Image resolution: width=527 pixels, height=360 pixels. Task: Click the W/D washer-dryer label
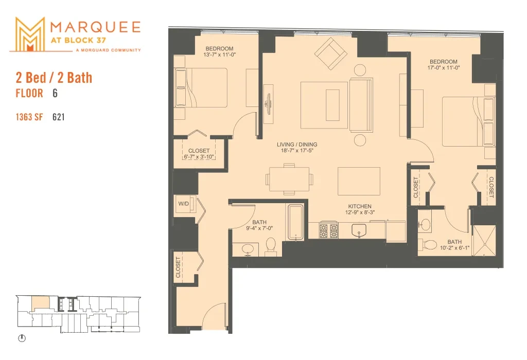(184, 204)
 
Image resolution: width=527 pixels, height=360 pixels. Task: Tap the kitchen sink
(360, 231)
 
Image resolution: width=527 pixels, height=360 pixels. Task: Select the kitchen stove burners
(328, 230)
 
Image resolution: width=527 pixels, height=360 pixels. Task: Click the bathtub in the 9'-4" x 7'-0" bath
(295, 222)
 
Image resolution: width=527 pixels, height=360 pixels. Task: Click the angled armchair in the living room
(331, 53)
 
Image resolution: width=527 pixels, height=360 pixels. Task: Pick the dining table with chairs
(289, 179)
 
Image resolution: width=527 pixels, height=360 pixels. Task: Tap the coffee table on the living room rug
(332, 105)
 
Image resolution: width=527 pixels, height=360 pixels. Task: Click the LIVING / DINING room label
(297, 145)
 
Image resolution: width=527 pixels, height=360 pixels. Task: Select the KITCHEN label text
(360, 206)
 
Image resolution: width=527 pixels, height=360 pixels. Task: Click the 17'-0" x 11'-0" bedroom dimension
(444, 67)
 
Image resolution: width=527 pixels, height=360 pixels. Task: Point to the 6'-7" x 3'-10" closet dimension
(199, 157)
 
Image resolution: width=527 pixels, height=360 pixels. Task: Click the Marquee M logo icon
(30, 34)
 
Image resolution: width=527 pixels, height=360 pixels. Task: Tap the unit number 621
(59, 117)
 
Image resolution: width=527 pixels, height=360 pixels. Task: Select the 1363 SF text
(29, 117)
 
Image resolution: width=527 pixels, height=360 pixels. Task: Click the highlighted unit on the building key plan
(40, 303)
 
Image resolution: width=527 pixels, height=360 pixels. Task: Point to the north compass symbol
(22, 338)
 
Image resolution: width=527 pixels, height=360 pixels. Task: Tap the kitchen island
(359, 181)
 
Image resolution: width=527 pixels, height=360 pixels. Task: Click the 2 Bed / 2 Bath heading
(54, 78)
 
